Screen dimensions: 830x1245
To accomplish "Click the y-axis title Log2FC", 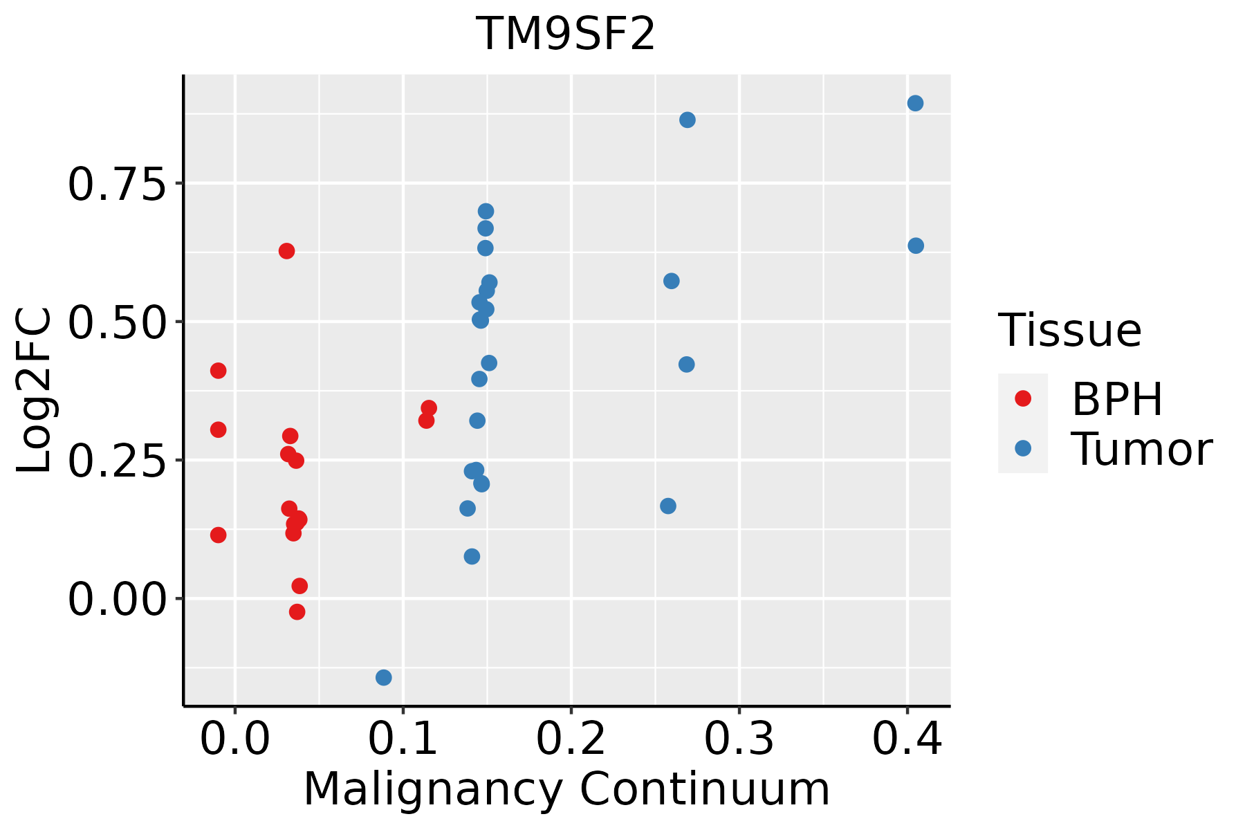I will pos(35,391).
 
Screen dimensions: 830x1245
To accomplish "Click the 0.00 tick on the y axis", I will pos(118,599).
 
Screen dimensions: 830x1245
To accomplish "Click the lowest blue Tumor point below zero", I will pos(384,677).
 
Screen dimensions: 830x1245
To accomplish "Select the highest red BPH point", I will pos(286,251).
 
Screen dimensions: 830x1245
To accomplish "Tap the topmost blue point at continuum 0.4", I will pos(915,104).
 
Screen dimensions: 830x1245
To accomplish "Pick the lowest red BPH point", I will pos(297,611).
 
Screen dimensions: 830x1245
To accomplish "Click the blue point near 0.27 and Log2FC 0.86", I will pos(688,120).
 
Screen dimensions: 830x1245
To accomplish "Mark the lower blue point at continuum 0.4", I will pos(916,246).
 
